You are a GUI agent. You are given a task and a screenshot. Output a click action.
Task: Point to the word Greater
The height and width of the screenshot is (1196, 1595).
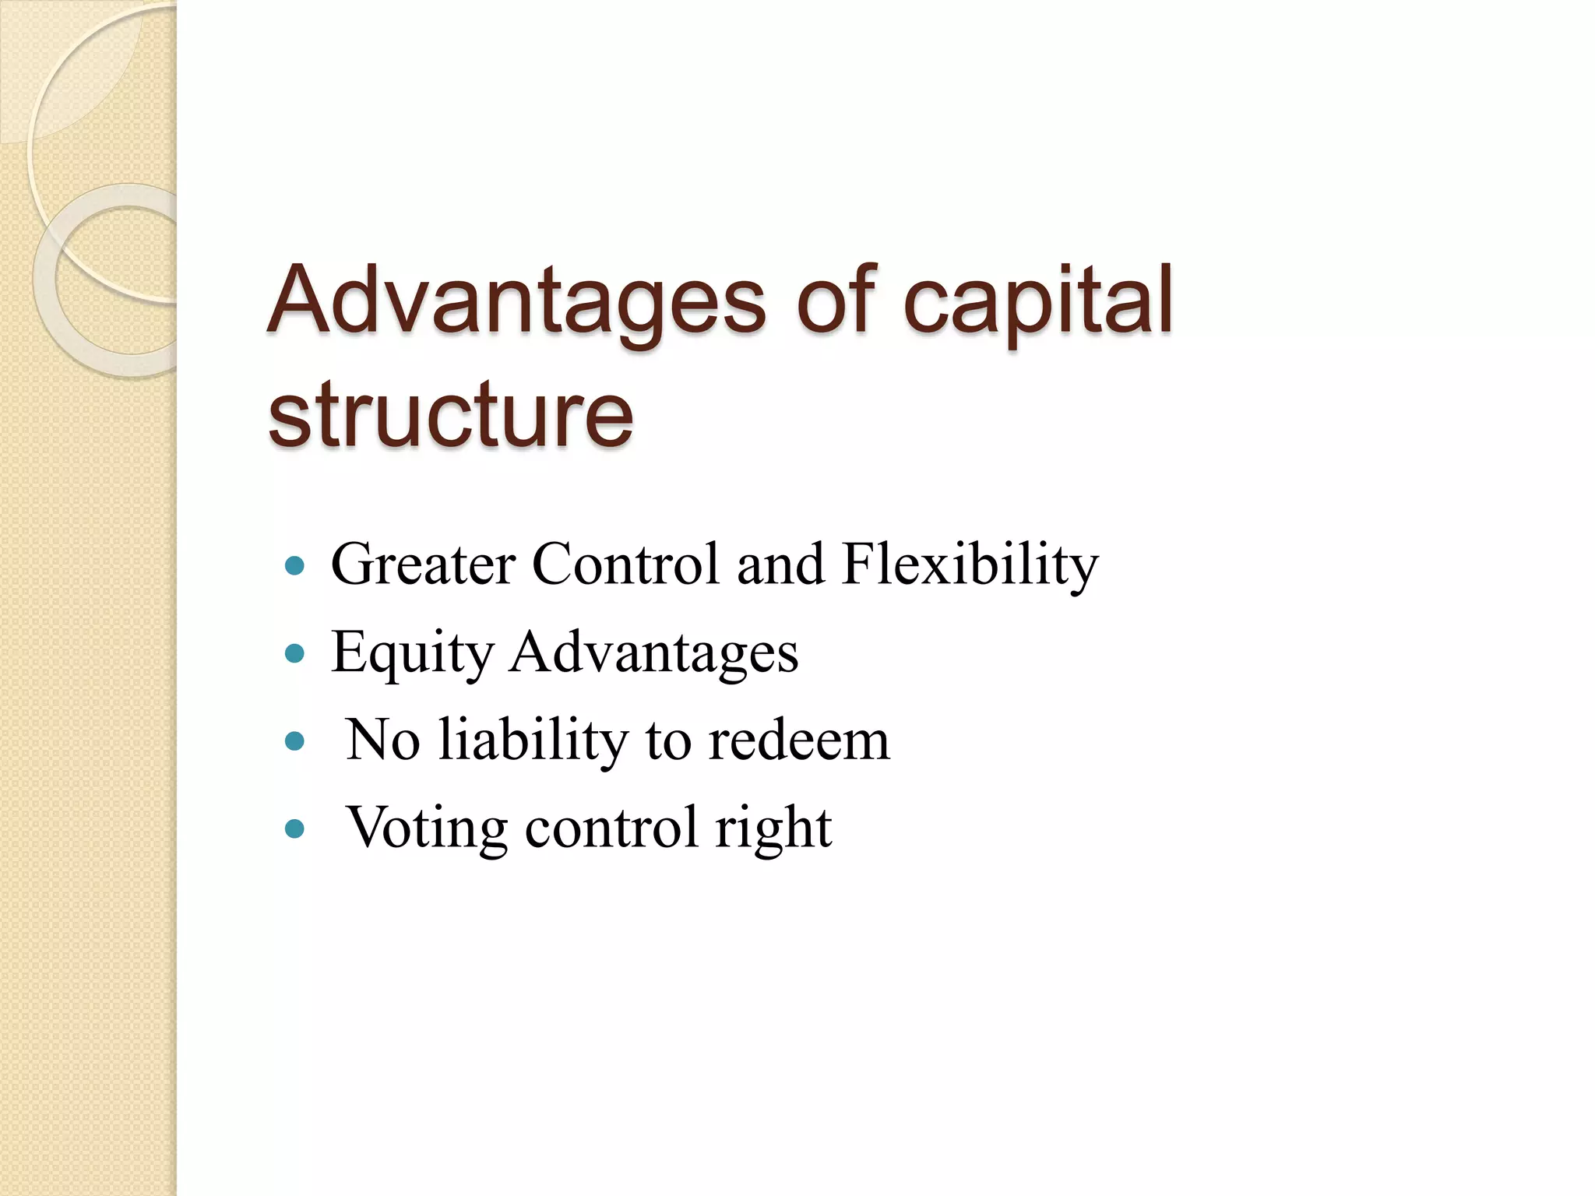click(x=423, y=564)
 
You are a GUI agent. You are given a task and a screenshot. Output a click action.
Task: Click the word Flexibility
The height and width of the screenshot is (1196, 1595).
click(x=970, y=565)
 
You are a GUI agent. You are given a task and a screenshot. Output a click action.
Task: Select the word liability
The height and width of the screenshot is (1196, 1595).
click(x=533, y=740)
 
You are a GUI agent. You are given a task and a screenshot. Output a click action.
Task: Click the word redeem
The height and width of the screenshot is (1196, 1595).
click(x=798, y=740)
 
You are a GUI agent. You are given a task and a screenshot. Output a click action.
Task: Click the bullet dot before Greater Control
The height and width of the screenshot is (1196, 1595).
click(x=294, y=566)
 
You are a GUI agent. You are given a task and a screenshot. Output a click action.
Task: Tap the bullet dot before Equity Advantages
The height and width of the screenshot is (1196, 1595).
click(x=294, y=653)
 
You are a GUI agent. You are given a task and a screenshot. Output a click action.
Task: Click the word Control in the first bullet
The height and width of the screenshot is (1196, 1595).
click(x=625, y=564)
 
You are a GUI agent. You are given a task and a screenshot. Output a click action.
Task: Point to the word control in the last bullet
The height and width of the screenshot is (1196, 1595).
click(x=611, y=828)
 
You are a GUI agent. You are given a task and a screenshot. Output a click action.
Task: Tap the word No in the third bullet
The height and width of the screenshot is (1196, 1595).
click(x=382, y=740)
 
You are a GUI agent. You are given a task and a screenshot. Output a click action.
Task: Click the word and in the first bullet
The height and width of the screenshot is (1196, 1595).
click(x=780, y=564)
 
